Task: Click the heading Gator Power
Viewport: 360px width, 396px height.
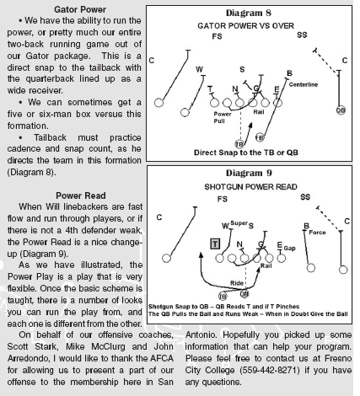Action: [80, 9]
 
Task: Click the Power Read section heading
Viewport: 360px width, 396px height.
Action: [81, 195]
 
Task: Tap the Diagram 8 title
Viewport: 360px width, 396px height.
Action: [249, 13]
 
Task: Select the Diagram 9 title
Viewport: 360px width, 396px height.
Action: [249, 173]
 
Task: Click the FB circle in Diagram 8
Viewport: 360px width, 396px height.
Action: [260, 137]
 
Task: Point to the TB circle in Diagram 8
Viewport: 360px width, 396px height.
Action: [239, 144]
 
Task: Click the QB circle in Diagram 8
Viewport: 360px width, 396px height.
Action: [341, 110]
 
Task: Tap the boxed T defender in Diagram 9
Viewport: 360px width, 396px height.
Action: [215, 243]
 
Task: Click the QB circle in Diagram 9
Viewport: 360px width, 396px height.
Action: [244, 294]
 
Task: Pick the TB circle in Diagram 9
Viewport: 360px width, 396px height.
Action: [223, 296]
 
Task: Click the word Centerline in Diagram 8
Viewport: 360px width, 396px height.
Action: [304, 84]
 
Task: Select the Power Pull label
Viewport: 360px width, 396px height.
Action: [222, 117]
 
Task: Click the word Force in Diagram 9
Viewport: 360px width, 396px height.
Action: [317, 233]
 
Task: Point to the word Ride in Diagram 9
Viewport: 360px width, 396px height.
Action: [237, 283]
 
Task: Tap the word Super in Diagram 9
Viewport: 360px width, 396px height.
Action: [239, 223]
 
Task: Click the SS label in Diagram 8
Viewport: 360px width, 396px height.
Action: [302, 35]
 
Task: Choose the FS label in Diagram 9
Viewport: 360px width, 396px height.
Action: [222, 199]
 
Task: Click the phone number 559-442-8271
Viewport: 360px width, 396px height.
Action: [270, 370]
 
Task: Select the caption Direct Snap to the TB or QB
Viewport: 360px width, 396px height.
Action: [246, 153]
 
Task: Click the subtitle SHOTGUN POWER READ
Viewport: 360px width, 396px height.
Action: [250, 187]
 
